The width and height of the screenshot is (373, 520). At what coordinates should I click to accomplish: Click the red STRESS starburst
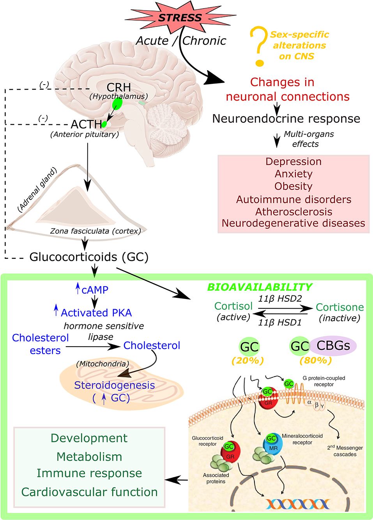click(x=180, y=18)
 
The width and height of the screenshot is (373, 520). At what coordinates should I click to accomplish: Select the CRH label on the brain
click(x=118, y=87)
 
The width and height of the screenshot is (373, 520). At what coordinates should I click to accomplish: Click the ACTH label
click(x=86, y=124)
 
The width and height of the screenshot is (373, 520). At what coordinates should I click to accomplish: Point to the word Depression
click(x=293, y=162)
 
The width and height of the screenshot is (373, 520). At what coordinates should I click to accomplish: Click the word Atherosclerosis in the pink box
click(x=293, y=212)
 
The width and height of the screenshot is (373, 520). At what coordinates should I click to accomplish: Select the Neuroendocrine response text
click(x=286, y=119)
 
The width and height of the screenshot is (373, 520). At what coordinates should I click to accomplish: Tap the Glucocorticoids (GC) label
click(x=89, y=257)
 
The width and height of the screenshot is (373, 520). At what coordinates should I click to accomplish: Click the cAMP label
click(x=95, y=290)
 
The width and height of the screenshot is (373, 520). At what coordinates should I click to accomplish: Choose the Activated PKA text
click(x=96, y=313)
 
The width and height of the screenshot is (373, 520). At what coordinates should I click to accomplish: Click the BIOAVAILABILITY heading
click(x=259, y=287)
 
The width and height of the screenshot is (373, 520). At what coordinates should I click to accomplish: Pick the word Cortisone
click(x=339, y=307)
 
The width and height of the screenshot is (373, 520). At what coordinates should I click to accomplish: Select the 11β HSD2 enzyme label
click(x=280, y=299)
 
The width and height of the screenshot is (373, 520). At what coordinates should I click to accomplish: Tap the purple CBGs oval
click(x=334, y=346)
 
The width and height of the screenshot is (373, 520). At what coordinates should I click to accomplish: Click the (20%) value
click(x=247, y=361)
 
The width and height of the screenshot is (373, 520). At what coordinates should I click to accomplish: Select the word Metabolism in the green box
click(x=89, y=456)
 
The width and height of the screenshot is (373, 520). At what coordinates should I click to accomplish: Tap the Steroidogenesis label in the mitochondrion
click(x=114, y=385)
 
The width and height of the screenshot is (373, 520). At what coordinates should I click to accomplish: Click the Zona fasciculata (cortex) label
click(x=95, y=231)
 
